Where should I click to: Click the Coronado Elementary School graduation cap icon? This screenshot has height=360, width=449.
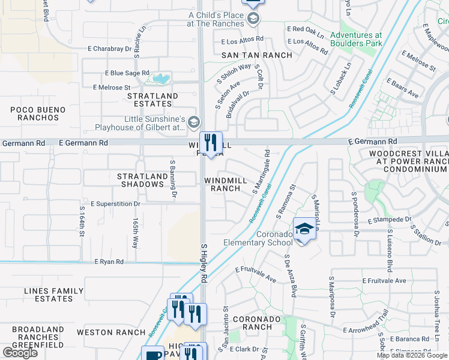click(x=305, y=229)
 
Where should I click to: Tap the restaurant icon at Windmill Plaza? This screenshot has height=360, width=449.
click(x=211, y=143)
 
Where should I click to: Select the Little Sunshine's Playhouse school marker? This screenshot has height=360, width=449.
click(x=193, y=123)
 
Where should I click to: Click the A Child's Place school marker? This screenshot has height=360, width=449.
click(x=253, y=19)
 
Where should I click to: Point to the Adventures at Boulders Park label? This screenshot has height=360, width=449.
click(x=356, y=39)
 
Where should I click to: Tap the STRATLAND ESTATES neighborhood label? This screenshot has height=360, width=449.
click(x=153, y=100)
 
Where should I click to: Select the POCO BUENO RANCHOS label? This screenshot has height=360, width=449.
click(x=35, y=113)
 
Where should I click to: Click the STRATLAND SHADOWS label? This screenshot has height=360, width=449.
click(x=142, y=180)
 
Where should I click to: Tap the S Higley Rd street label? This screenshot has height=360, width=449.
click(x=203, y=263)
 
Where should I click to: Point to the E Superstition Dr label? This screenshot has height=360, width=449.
click(x=115, y=204)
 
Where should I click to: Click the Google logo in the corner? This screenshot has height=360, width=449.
click(x=20, y=353)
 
